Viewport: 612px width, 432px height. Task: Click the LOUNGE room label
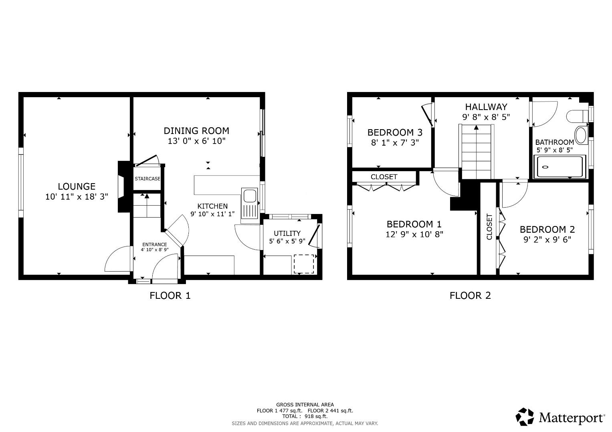(x=77, y=186)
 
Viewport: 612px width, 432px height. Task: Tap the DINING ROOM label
(x=196, y=131)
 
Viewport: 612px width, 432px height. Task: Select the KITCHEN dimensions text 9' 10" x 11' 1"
(x=212, y=214)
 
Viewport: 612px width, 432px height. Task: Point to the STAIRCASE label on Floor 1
(x=147, y=179)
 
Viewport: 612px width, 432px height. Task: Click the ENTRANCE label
(x=155, y=245)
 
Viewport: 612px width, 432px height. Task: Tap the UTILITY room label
(x=287, y=234)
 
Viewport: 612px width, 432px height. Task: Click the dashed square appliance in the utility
(x=304, y=264)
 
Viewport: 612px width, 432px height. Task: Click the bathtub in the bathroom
(x=560, y=167)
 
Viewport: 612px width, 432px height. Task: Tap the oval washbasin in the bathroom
(x=581, y=135)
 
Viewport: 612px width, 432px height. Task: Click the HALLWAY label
(x=486, y=107)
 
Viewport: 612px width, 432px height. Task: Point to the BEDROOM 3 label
(x=395, y=132)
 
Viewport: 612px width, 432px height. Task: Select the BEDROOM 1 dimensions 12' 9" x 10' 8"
(x=414, y=234)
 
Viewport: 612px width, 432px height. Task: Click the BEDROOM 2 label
(x=547, y=230)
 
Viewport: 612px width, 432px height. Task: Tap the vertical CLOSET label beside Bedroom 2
(x=489, y=227)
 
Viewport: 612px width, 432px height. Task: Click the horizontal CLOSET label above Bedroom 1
(x=384, y=177)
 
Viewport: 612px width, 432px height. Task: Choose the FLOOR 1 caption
(x=170, y=296)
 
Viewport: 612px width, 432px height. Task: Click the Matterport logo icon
(x=525, y=417)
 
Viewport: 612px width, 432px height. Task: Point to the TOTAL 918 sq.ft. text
(x=305, y=416)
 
